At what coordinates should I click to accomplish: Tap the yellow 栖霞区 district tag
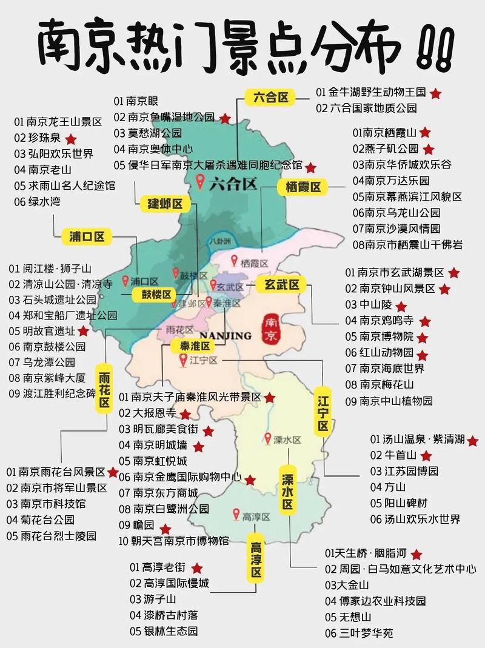[x=303, y=187]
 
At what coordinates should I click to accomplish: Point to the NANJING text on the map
[x=225, y=335]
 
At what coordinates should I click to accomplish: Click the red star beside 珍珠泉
[x=71, y=138]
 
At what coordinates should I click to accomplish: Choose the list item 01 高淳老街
[x=158, y=567]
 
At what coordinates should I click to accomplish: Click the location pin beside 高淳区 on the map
[x=236, y=515]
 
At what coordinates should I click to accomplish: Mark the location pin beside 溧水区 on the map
[x=267, y=438]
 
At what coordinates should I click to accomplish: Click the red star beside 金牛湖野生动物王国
[x=435, y=93]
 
